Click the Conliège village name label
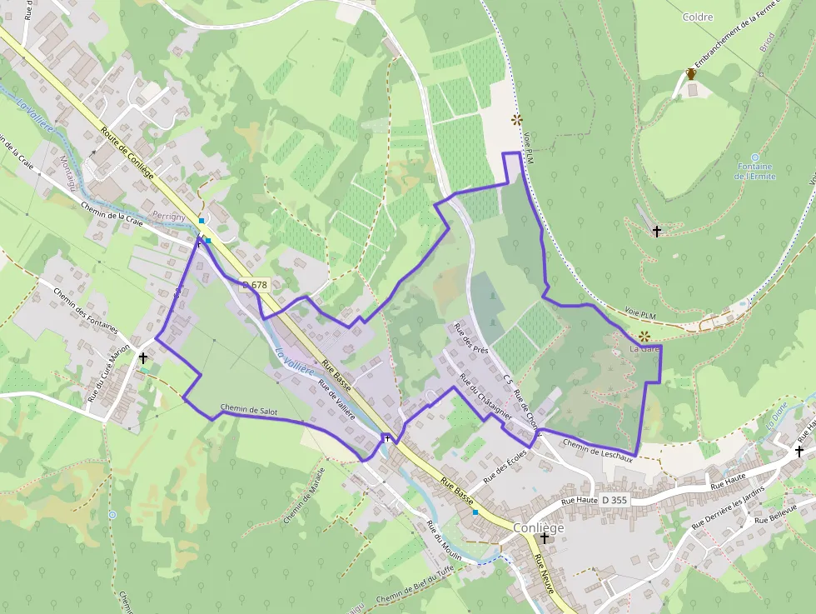(539, 528)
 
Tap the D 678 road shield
(255, 285)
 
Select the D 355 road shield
(614, 500)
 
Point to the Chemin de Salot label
(249, 410)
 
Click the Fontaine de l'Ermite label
(755, 172)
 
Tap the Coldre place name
(698, 17)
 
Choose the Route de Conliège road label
(127, 152)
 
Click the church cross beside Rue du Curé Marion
(143, 358)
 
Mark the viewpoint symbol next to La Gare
(644, 337)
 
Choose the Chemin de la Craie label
(112, 212)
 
